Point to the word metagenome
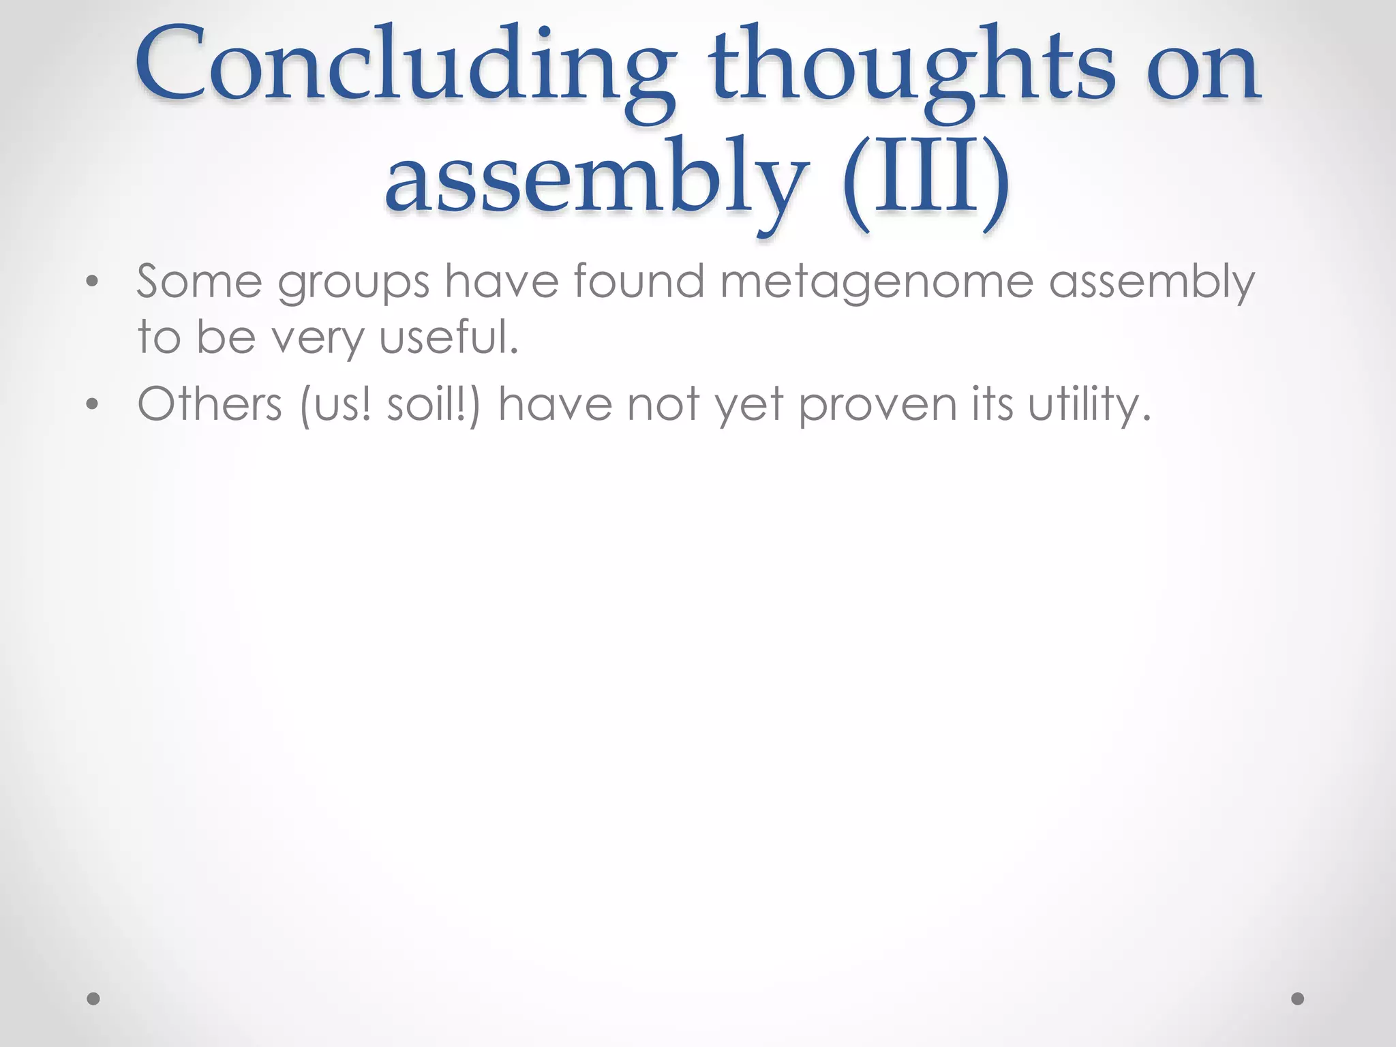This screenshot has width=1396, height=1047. (x=877, y=282)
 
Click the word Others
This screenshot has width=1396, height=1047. (x=209, y=404)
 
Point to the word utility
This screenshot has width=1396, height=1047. (x=1089, y=404)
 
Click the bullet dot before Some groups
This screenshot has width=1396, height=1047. (x=93, y=282)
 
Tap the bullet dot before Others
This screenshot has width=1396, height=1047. (x=93, y=405)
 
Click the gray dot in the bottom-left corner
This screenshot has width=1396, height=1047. (x=93, y=999)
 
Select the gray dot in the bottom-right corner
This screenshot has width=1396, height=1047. (x=1298, y=999)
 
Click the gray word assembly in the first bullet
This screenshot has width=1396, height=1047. (x=1151, y=282)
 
